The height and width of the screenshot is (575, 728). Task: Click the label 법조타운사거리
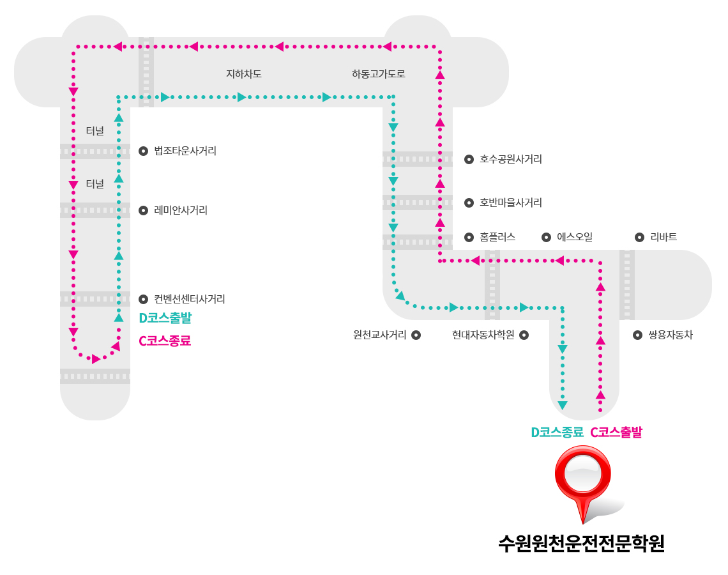(x=185, y=151)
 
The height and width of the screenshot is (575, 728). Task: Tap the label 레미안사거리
(x=181, y=210)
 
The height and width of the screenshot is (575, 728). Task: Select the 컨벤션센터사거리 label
(x=190, y=299)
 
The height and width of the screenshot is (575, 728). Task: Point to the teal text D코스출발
(x=165, y=318)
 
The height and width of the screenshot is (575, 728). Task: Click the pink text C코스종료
(x=165, y=341)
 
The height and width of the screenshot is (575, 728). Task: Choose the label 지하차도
(x=244, y=74)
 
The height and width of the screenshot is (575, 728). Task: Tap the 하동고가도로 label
(x=379, y=74)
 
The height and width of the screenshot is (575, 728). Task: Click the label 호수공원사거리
(x=511, y=159)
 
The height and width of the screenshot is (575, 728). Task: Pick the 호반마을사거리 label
(x=511, y=203)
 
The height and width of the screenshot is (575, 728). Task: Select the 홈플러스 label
(x=497, y=237)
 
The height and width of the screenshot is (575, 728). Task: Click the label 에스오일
(x=575, y=237)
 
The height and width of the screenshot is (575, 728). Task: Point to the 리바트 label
(x=664, y=237)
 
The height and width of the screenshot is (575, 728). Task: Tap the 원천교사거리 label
(x=380, y=335)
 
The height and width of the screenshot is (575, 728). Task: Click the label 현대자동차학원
(x=483, y=335)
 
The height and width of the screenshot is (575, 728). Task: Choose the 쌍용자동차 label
(x=671, y=335)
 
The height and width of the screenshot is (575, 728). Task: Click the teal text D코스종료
(x=557, y=433)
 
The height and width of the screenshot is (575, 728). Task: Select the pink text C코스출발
(x=616, y=433)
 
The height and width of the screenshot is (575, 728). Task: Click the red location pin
(x=583, y=483)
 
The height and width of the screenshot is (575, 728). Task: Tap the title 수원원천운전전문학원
(x=581, y=544)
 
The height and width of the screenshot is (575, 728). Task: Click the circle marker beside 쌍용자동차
(x=637, y=335)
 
